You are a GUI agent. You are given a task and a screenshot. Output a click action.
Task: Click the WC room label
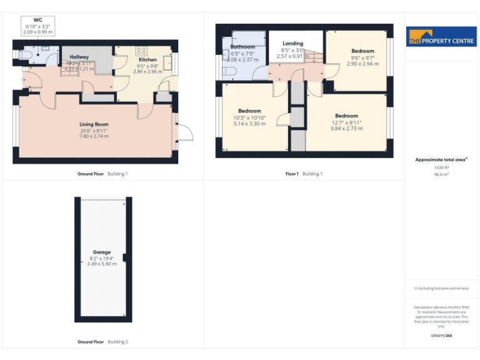(x=37, y=20)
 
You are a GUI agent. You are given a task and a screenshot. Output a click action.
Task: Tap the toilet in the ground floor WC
(x=24, y=55)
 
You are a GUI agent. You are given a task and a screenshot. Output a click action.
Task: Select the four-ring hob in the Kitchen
(x=141, y=51)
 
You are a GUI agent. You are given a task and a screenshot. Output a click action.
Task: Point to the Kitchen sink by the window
(x=167, y=61)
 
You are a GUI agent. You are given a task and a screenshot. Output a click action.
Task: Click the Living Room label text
(x=94, y=124)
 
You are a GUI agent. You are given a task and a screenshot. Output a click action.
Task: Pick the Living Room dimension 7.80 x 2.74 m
(x=94, y=136)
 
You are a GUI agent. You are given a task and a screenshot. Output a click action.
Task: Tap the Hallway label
(x=79, y=57)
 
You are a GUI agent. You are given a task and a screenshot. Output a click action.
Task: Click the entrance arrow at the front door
(x=24, y=79)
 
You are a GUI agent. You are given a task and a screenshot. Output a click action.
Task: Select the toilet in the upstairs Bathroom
(x=229, y=71)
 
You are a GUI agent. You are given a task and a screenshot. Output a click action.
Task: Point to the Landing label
(x=292, y=44)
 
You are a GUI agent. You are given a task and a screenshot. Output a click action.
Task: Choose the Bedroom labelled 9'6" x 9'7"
(x=362, y=51)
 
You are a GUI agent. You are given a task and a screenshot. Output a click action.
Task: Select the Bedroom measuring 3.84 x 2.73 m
(x=346, y=128)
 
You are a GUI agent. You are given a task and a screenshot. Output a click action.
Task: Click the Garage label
(x=102, y=252)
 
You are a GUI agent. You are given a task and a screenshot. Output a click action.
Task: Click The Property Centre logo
(x=441, y=37)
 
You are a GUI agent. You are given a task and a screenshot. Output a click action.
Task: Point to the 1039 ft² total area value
(x=441, y=167)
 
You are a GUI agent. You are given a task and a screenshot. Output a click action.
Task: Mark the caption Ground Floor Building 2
(x=102, y=342)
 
